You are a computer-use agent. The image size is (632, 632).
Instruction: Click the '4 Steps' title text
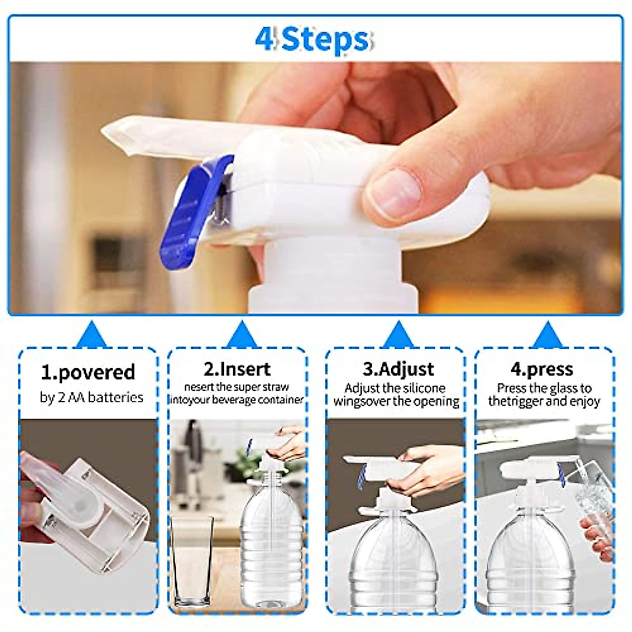point(313,39)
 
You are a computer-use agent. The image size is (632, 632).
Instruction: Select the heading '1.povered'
point(88,372)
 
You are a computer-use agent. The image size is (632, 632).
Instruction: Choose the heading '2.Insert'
point(237,369)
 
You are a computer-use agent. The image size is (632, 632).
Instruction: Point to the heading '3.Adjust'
point(398,369)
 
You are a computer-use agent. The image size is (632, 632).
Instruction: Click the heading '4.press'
point(542,369)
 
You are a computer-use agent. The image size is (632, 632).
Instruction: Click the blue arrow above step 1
point(91,335)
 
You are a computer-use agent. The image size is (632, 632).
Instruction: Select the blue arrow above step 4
point(547,335)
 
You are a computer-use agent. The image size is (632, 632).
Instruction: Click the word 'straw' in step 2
point(276,387)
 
